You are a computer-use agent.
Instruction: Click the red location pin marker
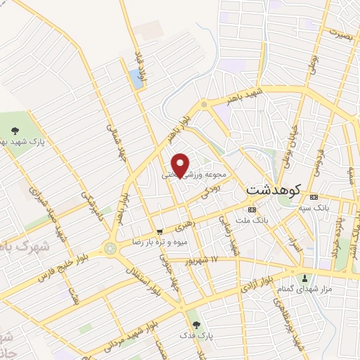click(x=181, y=164)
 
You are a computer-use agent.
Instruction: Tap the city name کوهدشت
click(x=274, y=190)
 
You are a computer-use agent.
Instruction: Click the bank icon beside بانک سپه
click(x=314, y=197)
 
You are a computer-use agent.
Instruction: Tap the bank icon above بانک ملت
click(x=251, y=210)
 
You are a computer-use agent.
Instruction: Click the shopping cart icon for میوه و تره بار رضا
click(x=160, y=231)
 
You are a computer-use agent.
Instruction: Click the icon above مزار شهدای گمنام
click(x=304, y=278)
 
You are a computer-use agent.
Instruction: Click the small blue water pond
click(x=136, y=79)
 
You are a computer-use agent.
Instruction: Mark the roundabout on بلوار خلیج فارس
click(x=110, y=247)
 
